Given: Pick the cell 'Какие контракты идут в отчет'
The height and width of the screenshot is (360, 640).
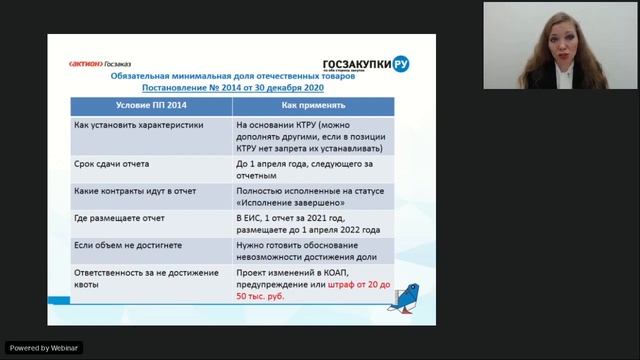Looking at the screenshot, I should [x=133, y=189].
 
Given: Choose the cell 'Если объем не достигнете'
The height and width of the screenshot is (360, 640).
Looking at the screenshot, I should [x=125, y=243].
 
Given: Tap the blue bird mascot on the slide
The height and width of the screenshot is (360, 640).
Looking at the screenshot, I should [x=404, y=298].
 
